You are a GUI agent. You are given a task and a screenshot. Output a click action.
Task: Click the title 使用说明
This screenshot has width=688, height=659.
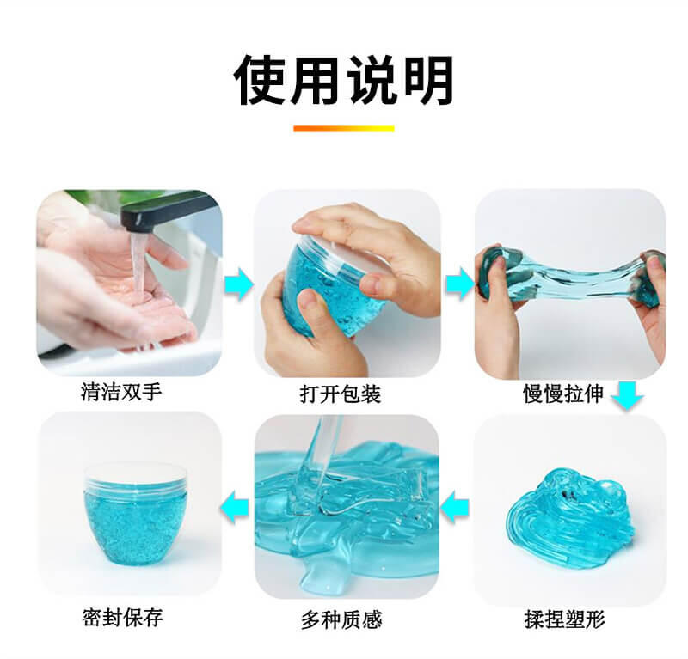click(x=343, y=80)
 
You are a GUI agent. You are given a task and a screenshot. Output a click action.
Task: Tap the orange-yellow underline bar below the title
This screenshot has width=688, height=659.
click(x=343, y=129)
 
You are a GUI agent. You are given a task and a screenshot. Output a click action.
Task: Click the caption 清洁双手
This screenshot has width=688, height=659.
click(x=121, y=391)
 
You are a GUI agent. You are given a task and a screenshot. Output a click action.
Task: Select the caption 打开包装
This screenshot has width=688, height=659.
click(x=341, y=394)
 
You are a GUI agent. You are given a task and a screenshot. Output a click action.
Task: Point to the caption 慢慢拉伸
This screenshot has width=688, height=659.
click(x=563, y=394)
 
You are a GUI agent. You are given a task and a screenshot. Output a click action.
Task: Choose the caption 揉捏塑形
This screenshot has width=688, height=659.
click(x=565, y=619)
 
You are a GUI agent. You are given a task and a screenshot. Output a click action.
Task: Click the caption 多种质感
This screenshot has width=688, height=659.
click(x=341, y=620)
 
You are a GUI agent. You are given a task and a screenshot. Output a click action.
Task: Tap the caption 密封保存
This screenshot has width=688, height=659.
click(x=122, y=618)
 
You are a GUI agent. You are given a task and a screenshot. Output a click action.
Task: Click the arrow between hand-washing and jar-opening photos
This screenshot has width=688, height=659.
click(x=239, y=285)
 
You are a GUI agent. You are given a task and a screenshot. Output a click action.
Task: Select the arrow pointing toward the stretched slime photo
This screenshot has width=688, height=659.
click(x=460, y=284)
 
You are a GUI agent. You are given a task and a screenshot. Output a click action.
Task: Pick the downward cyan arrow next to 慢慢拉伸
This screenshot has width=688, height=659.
click(x=628, y=395)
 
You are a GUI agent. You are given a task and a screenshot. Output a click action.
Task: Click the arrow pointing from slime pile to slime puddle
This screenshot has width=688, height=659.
click(x=455, y=507)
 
